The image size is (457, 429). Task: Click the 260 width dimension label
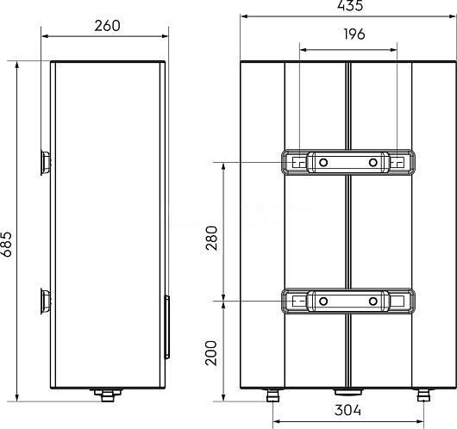pyautogui.click(x=107, y=26)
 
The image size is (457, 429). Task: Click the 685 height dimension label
pyautogui.click(x=6, y=245)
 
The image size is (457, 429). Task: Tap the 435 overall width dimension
pyautogui.click(x=350, y=5)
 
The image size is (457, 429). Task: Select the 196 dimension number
pyautogui.click(x=354, y=34)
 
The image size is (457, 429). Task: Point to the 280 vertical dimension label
pyautogui.click(x=211, y=238)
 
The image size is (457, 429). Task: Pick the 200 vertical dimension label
pyautogui.click(x=211, y=353)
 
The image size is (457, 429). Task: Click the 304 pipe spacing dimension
pyautogui.click(x=347, y=410)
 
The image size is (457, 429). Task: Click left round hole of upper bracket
pyautogui.click(x=323, y=162)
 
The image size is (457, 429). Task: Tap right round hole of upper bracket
pyautogui.click(x=373, y=162)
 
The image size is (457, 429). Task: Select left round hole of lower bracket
pyautogui.click(x=323, y=302)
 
